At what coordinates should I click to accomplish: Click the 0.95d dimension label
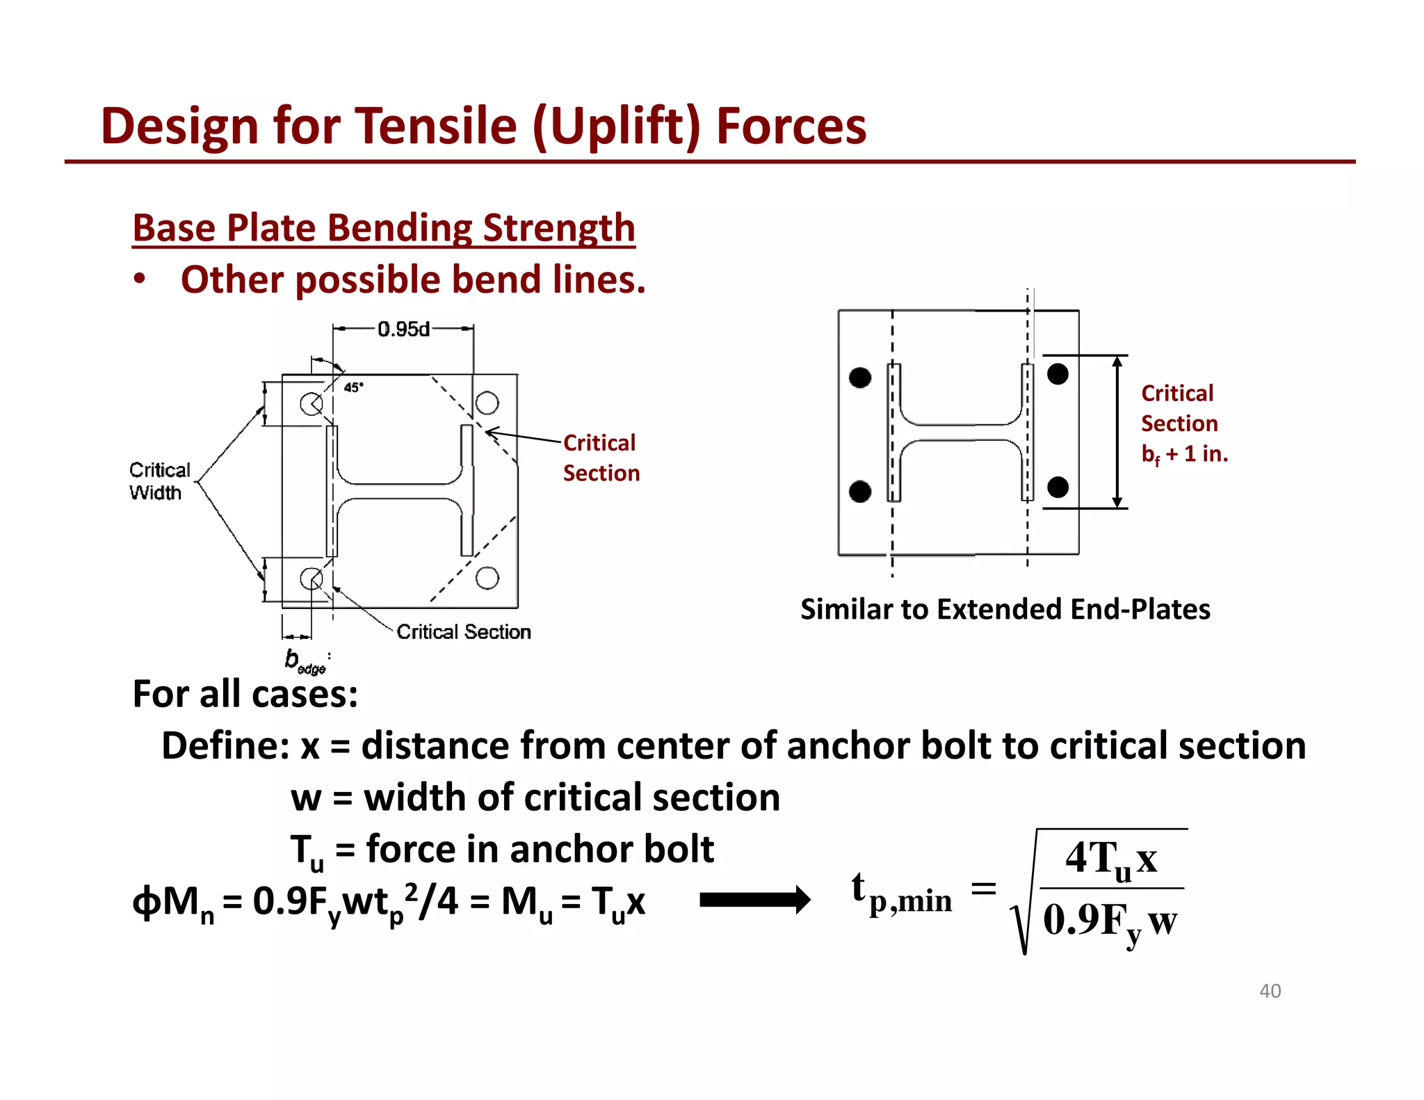tap(403, 329)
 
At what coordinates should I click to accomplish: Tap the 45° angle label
tap(353, 387)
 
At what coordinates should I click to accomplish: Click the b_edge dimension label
tap(305, 661)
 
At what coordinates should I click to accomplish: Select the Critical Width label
tap(159, 481)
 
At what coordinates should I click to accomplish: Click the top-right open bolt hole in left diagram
tap(487, 403)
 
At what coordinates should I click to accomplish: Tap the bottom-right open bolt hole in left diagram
tap(487, 578)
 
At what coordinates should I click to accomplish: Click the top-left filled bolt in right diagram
tap(860, 378)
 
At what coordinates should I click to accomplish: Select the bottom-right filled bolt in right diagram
tap(1058, 487)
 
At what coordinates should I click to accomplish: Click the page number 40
tap(1270, 991)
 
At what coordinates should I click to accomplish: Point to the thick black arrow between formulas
tap(754, 900)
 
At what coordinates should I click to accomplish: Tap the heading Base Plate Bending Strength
tap(383, 228)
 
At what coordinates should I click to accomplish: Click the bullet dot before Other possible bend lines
tap(140, 279)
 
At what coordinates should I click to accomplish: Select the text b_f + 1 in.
tap(1184, 454)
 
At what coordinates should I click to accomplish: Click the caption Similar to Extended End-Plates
tap(1005, 609)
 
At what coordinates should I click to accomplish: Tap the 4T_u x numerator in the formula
tap(1111, 859)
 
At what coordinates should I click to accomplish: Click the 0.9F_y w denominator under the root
tap(1110, 921)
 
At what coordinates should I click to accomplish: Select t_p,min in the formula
tap(901, 893)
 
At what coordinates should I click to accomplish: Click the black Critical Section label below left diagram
tap(463, 631)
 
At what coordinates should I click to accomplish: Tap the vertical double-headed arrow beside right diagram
tap(1117, 432)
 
